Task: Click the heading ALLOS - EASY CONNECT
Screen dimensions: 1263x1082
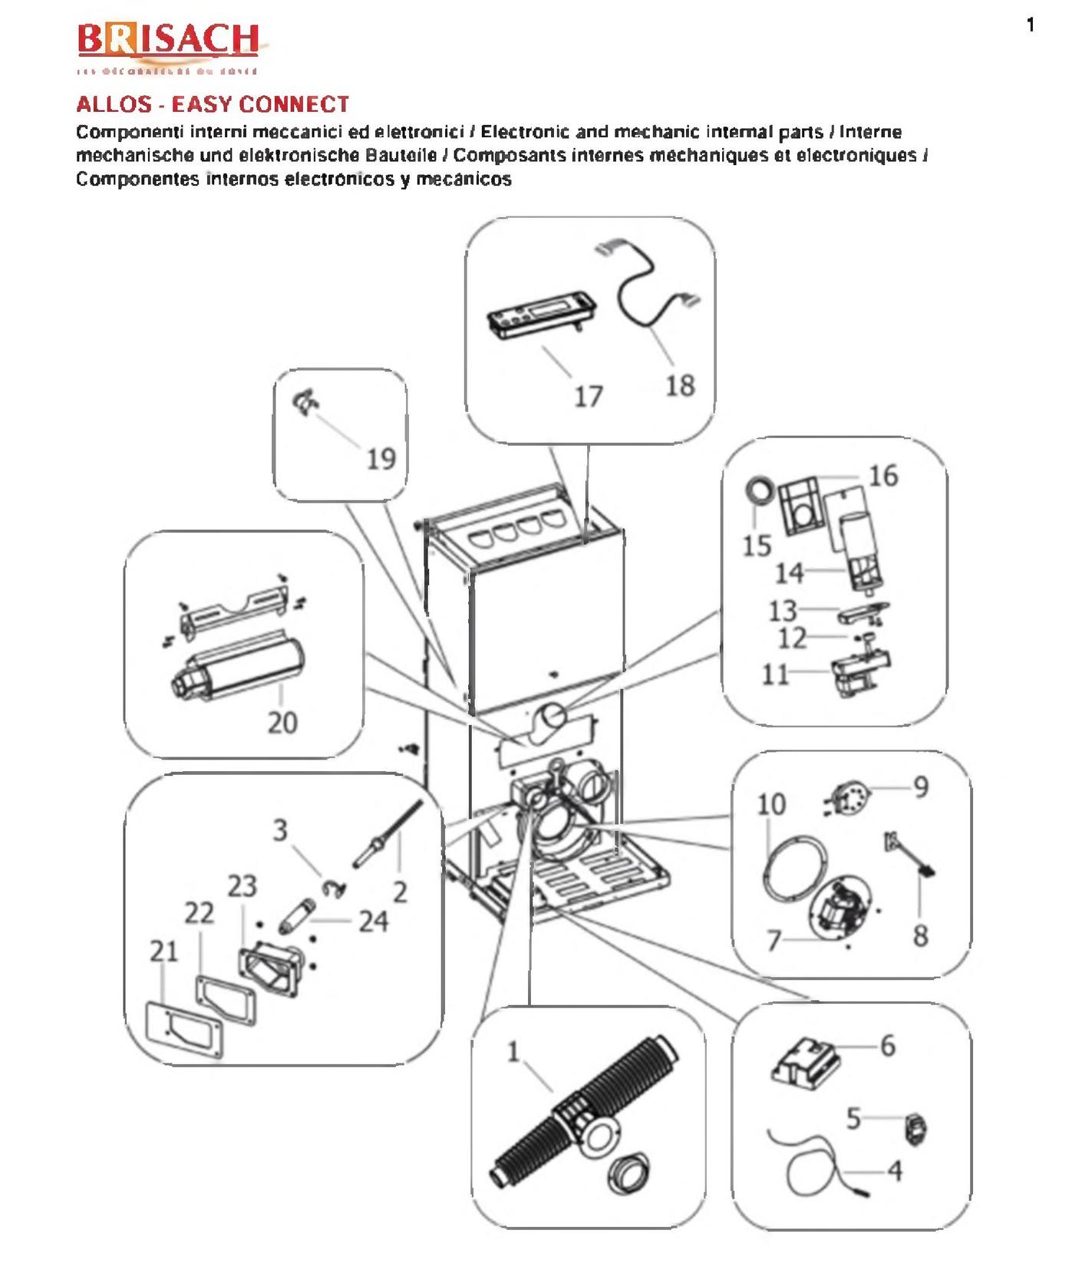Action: click(213, 104)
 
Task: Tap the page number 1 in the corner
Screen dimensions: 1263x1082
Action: click(1031, 25)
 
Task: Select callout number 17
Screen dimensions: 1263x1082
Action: click(589, 397)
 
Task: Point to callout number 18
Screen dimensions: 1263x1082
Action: click(680, 385)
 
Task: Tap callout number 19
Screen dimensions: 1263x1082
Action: click(381, 459)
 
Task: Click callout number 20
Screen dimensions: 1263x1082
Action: click(282, 722)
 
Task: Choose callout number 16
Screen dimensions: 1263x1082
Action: click(883, 476)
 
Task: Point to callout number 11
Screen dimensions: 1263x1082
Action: click(775, 674)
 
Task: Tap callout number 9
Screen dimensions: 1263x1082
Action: click(920, 787)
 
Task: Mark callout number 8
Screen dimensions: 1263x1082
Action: click(920, 935)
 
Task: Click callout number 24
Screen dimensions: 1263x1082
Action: click(374, 921)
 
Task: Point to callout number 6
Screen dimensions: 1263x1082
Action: click(887, 1045)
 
